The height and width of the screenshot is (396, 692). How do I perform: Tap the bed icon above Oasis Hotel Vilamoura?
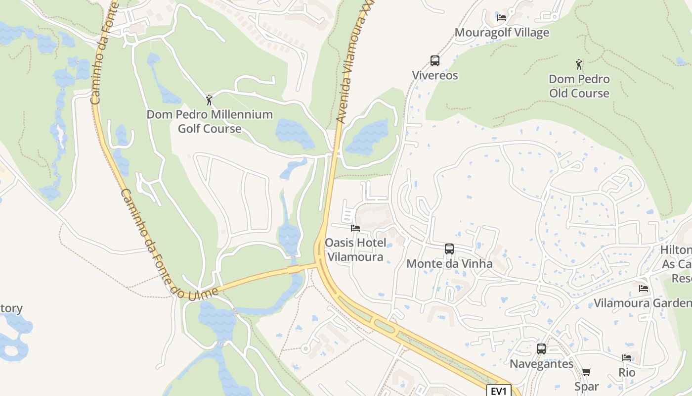(x=355, y=228)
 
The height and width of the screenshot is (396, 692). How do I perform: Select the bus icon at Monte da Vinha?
(x=449, y=249)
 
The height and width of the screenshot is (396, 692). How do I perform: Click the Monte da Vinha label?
(x=449, y=264)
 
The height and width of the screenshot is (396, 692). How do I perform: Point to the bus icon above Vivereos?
(x=434, y=61)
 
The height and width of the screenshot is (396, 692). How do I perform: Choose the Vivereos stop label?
(x=435, y=76)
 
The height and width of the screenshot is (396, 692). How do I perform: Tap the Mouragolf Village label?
(x=502, y=33)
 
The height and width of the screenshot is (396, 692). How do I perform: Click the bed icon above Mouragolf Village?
(x=502, y=18)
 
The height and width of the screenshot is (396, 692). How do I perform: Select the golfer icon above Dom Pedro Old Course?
(x=579, y=64)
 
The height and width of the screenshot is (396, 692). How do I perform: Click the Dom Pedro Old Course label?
(x=579, y=86)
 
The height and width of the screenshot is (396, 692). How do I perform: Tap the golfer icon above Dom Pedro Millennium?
(x=209, y=100)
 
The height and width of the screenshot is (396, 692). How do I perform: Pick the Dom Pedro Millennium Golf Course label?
(x=210, y=121)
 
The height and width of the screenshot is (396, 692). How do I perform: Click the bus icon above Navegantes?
(x=541, y=349)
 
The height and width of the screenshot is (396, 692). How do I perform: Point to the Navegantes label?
(x=542, y=364)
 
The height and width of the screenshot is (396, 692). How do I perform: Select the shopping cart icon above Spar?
(x=586, y=372)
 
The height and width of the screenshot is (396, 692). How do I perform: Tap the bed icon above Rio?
(x=627, y=358)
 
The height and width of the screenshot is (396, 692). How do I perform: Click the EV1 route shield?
(x=498, y=391)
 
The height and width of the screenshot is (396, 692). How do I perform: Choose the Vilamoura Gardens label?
(x=643, y=303)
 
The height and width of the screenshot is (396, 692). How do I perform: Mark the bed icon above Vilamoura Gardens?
(x=643, y=288)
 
